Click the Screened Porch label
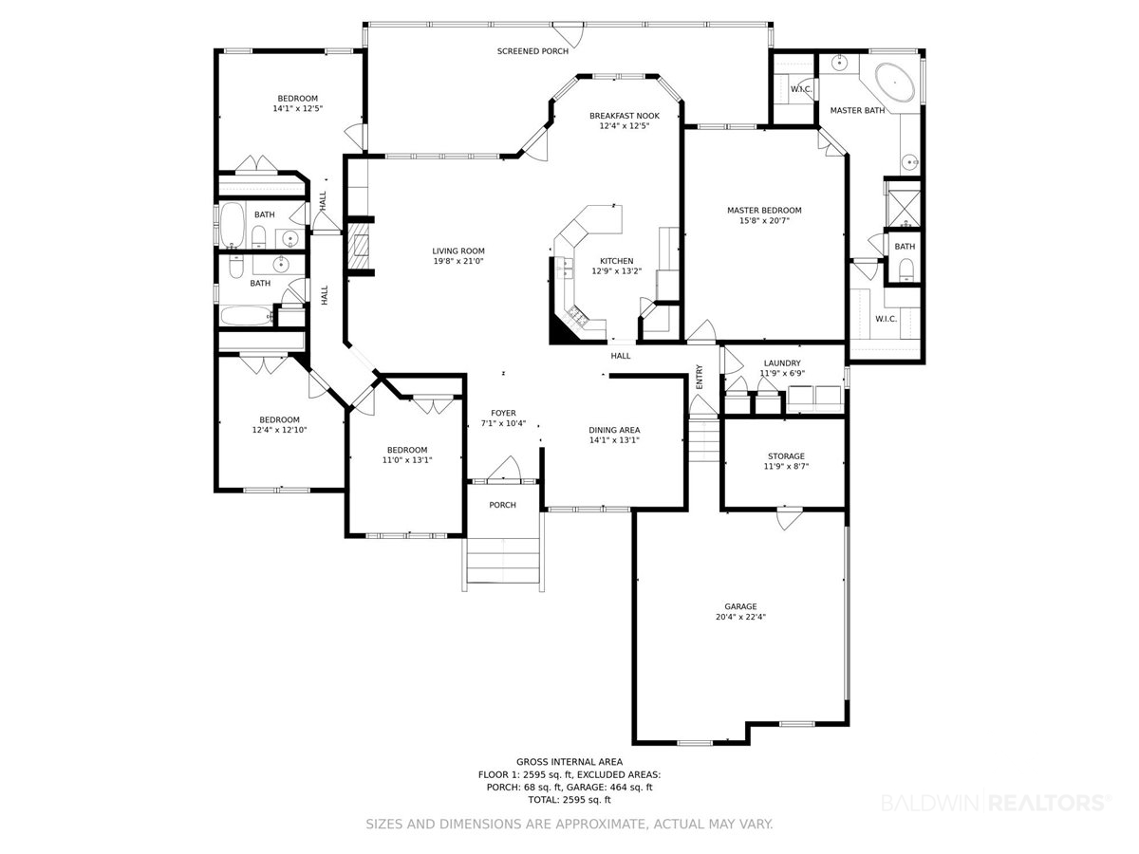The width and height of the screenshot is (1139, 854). [x=532, y=51]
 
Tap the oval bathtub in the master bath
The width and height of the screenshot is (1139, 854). [x=895, y=83]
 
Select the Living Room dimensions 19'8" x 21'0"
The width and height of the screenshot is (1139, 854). [x=458, y=261]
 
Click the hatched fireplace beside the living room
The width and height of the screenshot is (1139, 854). [x=358, y=247]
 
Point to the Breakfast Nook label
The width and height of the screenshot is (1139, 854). [x=625, y=116]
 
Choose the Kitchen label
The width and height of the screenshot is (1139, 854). [x=616, y=261]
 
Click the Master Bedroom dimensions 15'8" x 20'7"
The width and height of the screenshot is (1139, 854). [x=764, y=220]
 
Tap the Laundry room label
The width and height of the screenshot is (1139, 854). [x=782, y=363]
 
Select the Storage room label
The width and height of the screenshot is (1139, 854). [x=786, y=456]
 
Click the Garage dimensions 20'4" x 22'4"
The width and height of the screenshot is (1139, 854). [x=740, y=617]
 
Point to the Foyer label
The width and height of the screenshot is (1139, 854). [x=503, y=414]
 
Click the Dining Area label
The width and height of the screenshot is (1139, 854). [x=614, y=430]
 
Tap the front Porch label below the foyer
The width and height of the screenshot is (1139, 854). [x=502, y=505]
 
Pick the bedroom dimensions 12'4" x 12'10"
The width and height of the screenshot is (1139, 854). [x=279, y=430]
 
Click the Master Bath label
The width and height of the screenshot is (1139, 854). [x=857, y=110]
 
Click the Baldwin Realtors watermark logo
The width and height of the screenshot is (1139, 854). [x=997, y=803]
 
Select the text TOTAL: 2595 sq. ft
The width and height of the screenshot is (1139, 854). [x=569, y=800]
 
